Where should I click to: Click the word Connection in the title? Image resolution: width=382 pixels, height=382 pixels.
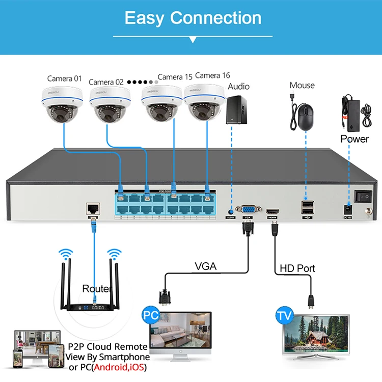[x=216, y=18]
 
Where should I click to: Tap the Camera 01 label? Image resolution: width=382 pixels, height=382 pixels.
[x=64, y=78]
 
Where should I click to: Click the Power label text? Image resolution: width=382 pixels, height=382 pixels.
[x=354, y=139]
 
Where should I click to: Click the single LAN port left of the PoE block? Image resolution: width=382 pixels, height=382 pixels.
[x=93, y=208]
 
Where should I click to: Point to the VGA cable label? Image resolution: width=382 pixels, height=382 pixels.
[x=205, y=266]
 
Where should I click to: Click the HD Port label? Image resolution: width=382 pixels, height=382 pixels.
[x=297, y=268]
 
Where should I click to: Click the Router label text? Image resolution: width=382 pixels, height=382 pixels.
[x=96, y=289]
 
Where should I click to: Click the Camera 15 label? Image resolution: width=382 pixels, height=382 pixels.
[x=175, y=77]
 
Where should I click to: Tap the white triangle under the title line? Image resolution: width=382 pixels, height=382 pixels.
[x=193, y=39]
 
